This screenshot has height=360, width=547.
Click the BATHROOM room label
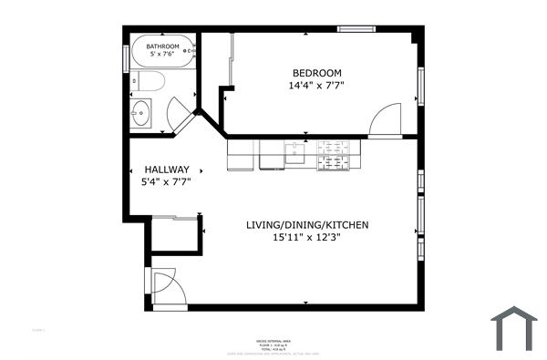point(164,45)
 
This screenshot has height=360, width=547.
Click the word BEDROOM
point(316,73)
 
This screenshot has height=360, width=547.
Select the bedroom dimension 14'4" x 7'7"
point(316,86)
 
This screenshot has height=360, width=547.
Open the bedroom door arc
point(387,119)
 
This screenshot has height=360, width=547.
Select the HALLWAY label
point(166,170)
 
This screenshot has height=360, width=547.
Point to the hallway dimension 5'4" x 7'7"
point(166,182)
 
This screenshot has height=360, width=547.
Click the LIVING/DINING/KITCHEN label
point(306,225)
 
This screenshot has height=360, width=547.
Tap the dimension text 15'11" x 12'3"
point(306,239)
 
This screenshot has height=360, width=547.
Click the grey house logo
point(513,327)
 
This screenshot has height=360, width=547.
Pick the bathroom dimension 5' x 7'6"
point(164,55)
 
